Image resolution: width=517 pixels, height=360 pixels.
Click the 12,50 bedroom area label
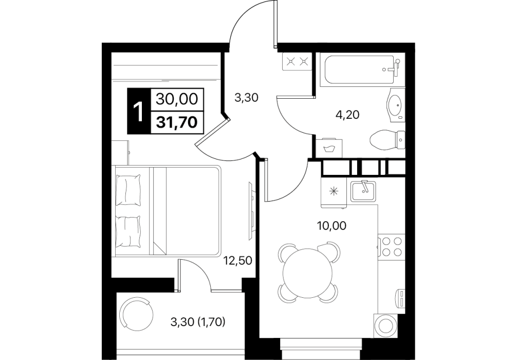(x=238, y=261)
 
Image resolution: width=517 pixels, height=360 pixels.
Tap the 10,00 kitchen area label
(x=331, y=226)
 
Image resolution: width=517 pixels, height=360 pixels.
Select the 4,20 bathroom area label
(x=347, y=115)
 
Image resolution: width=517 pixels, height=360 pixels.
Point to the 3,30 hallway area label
(x=246, y=98)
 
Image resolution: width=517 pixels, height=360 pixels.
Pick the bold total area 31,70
(x=177, y=122)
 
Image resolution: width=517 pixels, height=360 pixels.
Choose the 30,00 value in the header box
(x=177, y=99)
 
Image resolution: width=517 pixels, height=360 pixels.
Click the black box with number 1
(x=139, y=111)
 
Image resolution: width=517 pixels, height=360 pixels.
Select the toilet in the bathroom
(x=387, y=140)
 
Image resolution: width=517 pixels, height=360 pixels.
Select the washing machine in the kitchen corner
(x=384, y=325)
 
